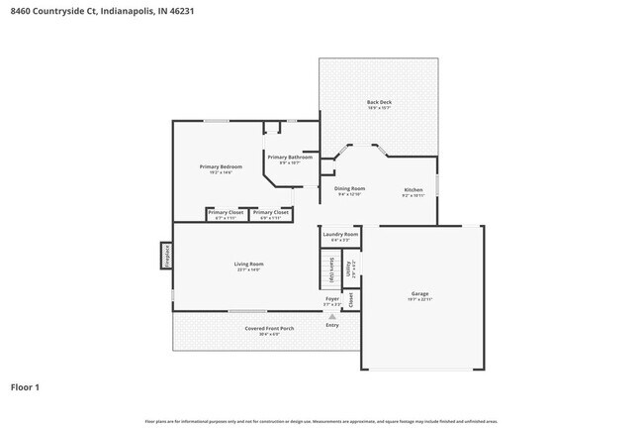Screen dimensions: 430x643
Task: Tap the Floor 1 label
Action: (26, 387)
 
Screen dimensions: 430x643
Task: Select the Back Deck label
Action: (378, 102)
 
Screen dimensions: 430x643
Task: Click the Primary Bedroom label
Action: (220, 166)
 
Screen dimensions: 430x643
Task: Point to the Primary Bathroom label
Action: (290, 158)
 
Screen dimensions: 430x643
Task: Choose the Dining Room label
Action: (349, 188)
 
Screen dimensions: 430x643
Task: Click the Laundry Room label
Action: (339, 234)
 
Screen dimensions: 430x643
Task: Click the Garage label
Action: (420, 294)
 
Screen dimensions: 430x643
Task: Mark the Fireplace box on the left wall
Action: (166, 255)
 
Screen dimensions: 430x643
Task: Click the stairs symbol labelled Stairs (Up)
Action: (330, 269)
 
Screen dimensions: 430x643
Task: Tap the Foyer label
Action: (332, 298)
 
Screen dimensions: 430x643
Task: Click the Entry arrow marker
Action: (332, 317)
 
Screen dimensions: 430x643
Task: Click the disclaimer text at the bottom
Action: (321, 421)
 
